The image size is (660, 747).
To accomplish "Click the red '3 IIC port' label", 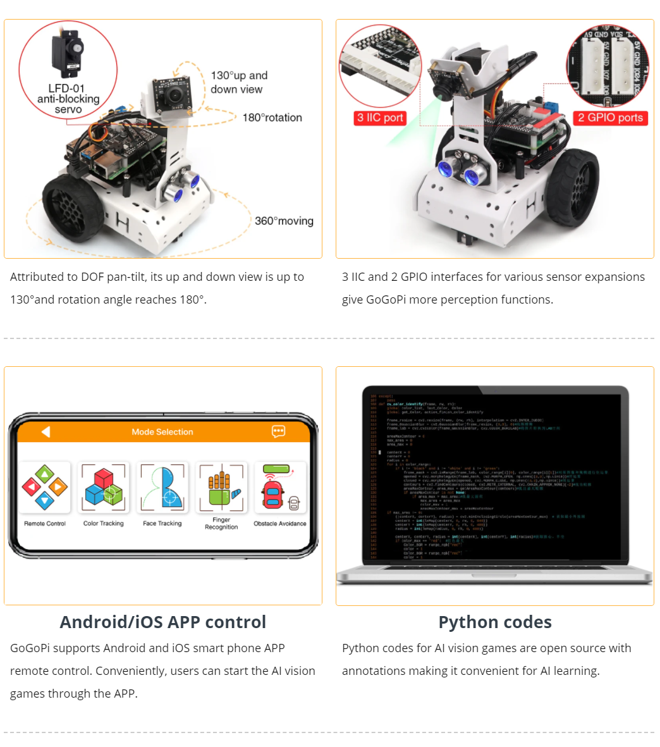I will [x=380, y=118].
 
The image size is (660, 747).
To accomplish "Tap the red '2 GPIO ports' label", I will [x=610, y=118].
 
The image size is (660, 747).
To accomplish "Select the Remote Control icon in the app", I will [x=45, y=488].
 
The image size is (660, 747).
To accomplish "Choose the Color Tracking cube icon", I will [x=104, y=488].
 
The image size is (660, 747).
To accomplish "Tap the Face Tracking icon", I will [x=162, y=488].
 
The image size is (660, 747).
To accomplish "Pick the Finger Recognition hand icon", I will [x=221, y=488].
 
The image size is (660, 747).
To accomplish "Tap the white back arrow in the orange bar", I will [x=46, y=431].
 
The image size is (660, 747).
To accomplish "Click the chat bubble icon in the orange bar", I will [x=278, y=431].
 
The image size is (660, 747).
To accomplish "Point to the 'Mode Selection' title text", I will [x=162, y=432].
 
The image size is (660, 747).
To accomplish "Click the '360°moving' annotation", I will [x=284, y=221].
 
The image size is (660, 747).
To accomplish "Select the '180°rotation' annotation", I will [x=272, y=118].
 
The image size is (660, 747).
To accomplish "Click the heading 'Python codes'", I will [x=495, y=622].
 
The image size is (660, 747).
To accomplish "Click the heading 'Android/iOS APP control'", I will [x=163, y=622].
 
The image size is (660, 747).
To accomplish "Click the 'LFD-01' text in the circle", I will [x=66, y=89].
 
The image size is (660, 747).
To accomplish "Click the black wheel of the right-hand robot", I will [x=573, y=187].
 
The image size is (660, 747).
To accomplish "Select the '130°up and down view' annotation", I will [x=238, y=82].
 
